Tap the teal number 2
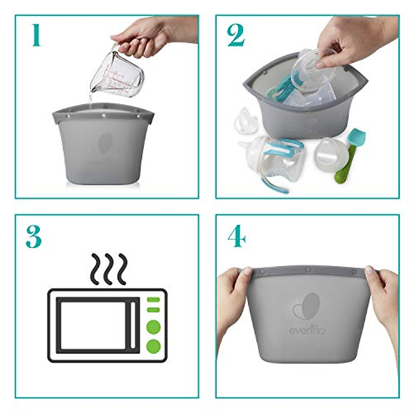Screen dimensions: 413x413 pos(236,36)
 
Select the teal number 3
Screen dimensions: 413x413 pos(34,237)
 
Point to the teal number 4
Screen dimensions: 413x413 pos(236,236)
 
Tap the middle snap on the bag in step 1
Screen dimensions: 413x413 pos(103,117)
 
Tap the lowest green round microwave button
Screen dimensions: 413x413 pos(153,346)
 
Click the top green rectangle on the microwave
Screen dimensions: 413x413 pos(153,299)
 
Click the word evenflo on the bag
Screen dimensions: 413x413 pos(307,331)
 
